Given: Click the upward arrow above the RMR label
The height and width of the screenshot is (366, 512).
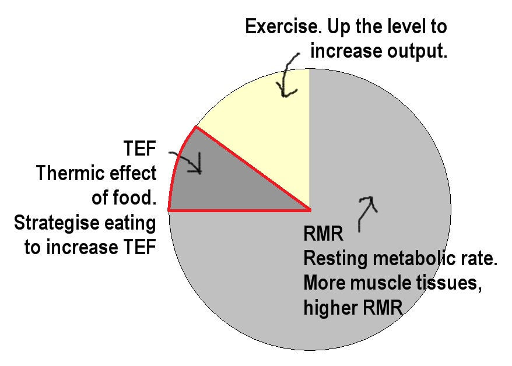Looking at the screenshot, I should pyautogui.click(x=366, y=213).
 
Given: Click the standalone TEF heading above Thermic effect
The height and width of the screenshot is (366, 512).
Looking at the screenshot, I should pyautogui.click(x=140, y=149).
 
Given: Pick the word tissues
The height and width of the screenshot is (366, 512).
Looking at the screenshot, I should pyautogui.click(x=451, y=284).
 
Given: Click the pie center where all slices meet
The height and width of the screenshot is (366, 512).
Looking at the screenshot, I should pyautogui.click(x=310, y=209).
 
